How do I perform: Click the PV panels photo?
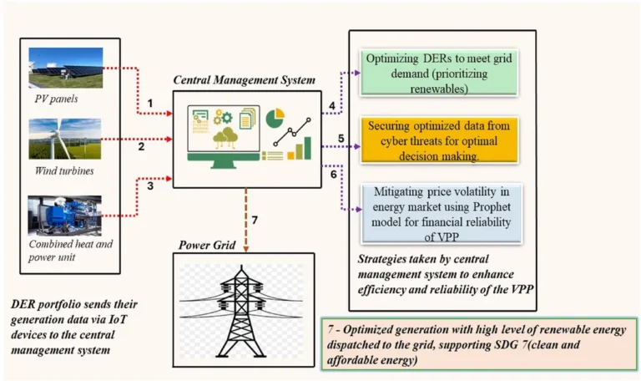point(66,68)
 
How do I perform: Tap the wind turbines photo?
point(65,139)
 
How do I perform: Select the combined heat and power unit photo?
point(64,216)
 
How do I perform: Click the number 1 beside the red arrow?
point(150,103)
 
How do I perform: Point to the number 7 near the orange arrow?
point(255,221)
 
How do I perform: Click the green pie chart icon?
point(275,118)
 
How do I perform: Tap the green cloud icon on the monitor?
point(225,138)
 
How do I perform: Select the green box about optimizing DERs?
point(439,73)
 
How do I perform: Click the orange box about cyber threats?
point(439,140)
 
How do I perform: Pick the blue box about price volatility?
point(442,214)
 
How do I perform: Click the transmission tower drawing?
point(241,312)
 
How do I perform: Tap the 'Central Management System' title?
point(244,80)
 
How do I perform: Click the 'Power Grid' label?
point(207,245)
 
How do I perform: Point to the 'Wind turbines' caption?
point(64,170)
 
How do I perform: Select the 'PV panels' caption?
point(56,99)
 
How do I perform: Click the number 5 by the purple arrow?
point(341,139)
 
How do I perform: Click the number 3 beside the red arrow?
point(150,185)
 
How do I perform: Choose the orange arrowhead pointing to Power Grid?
point(245,249)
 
